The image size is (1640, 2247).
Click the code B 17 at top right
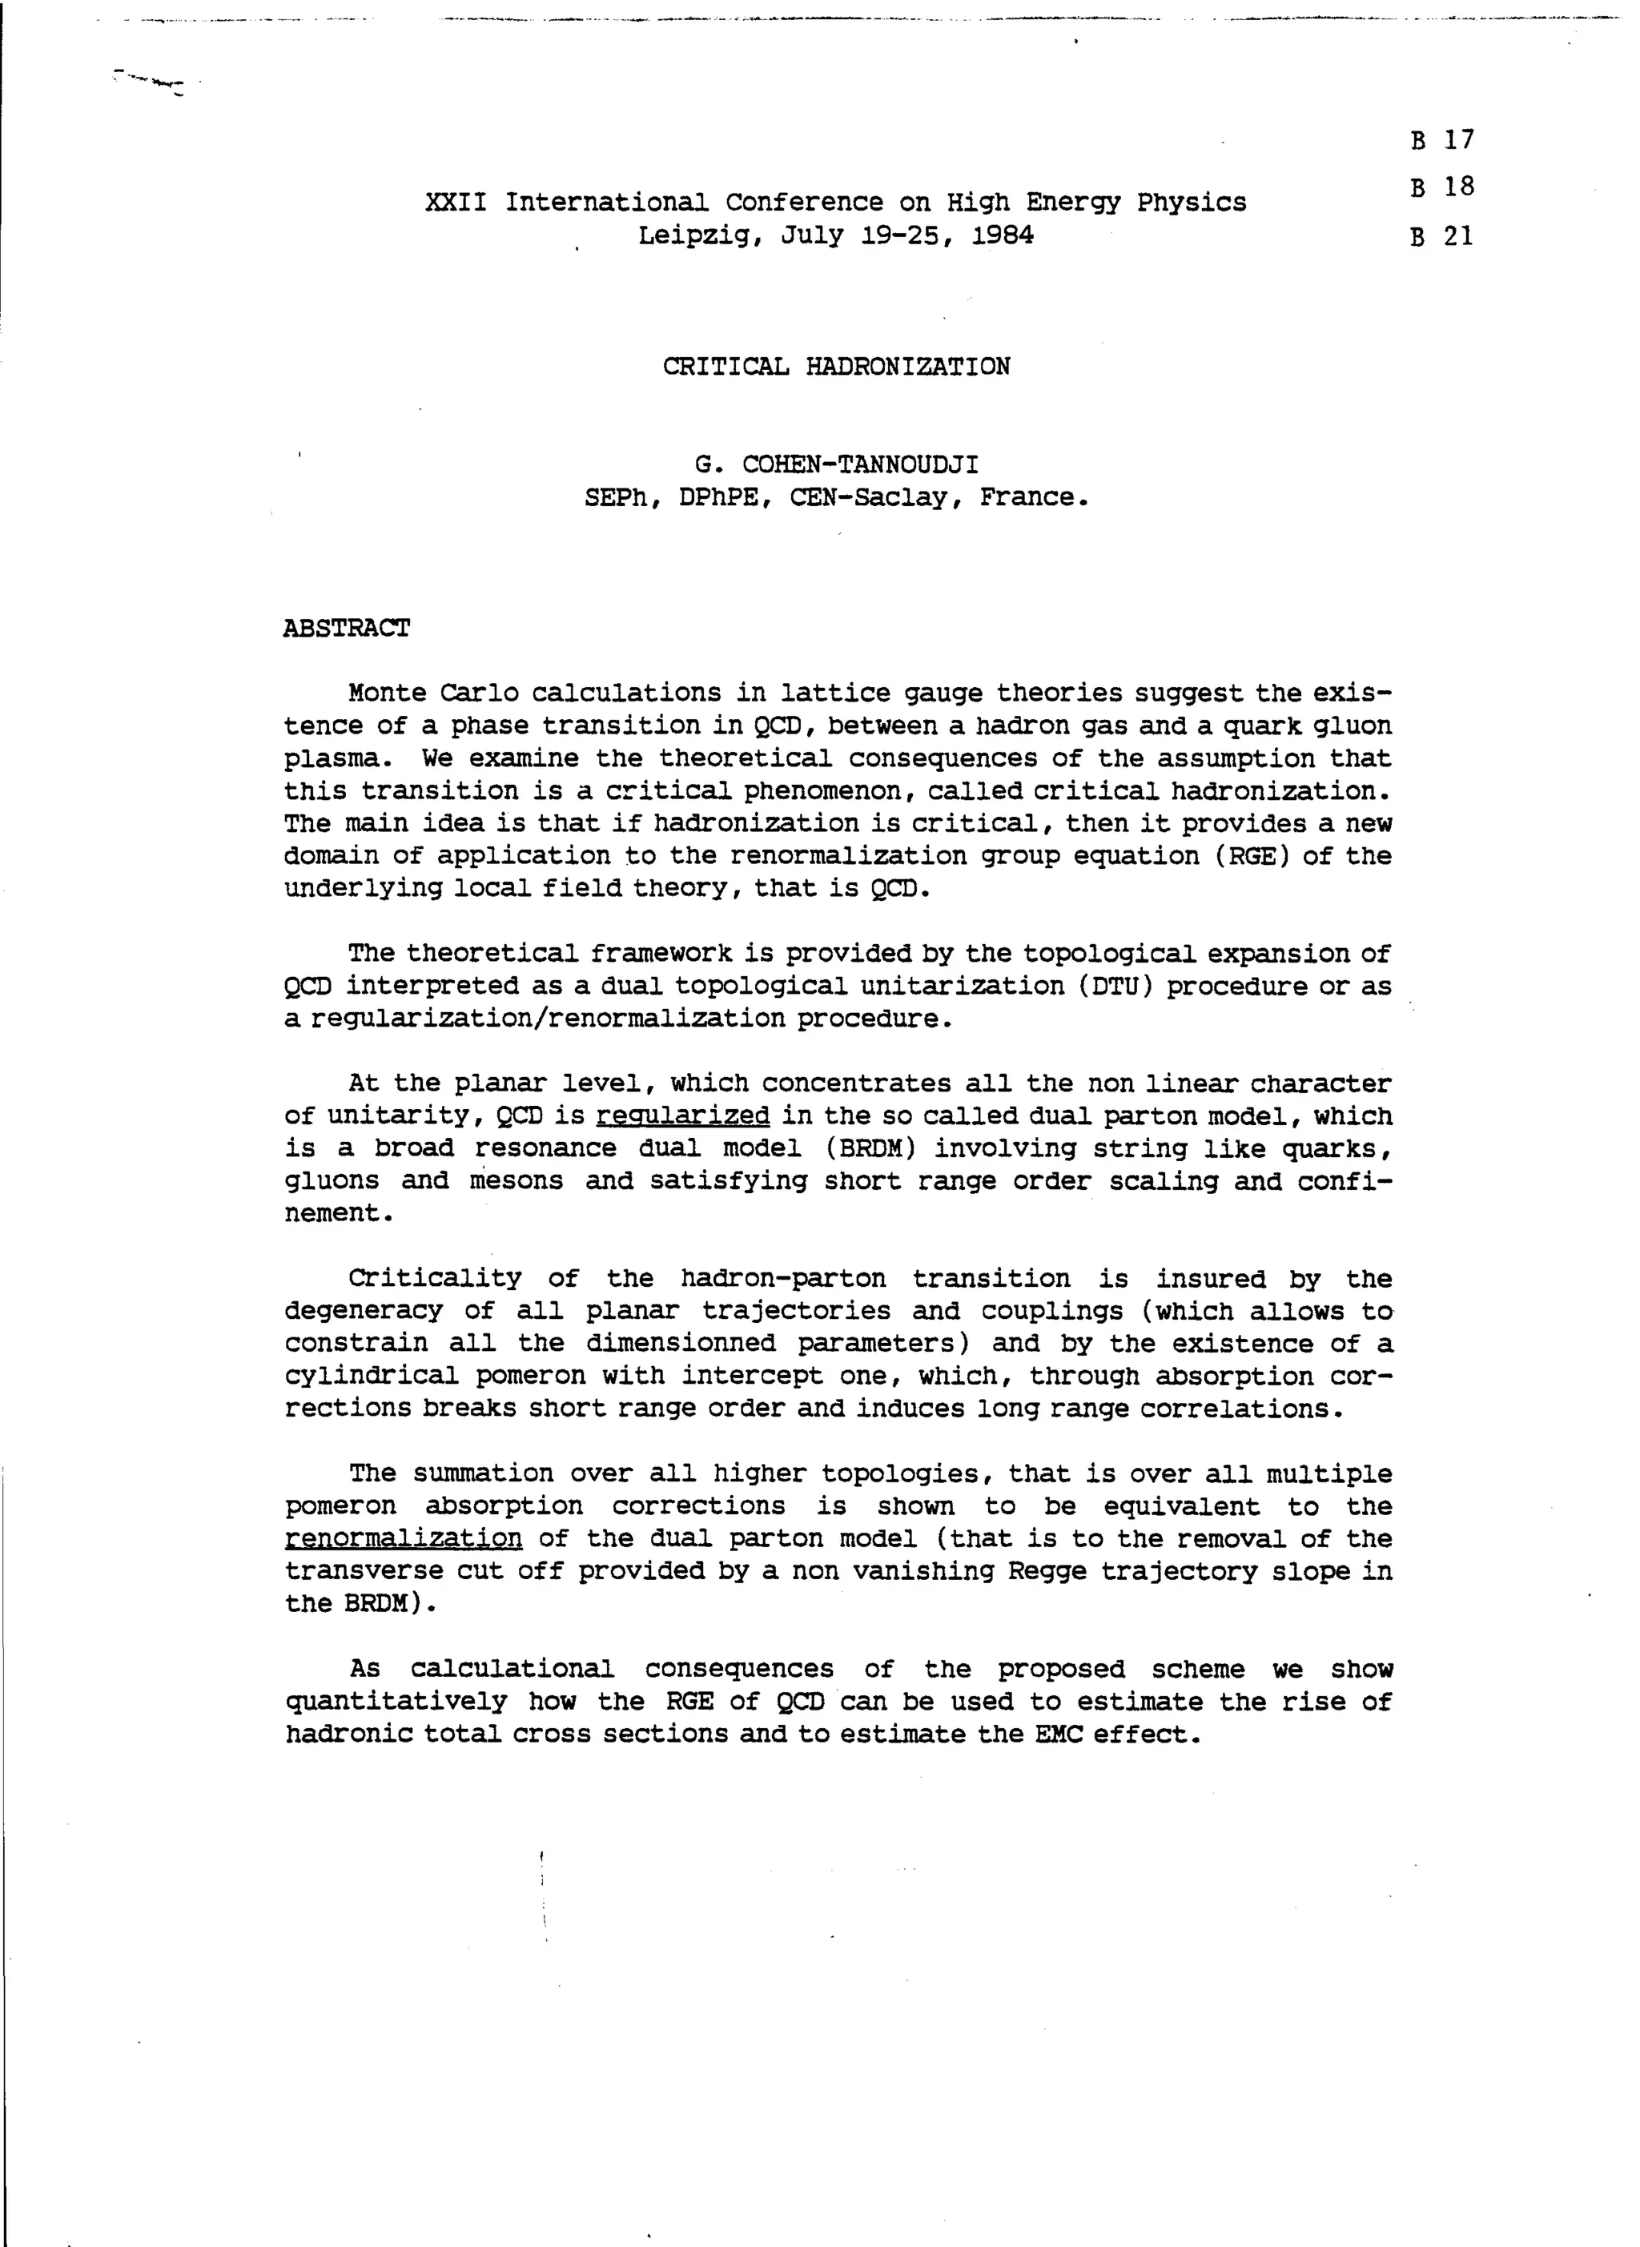pyautogui.click(x=1441, y=140)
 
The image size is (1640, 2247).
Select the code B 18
pyautogui.click(x=1441, y=187)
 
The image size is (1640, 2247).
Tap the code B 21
pyautogui.click(x=1441, y=236)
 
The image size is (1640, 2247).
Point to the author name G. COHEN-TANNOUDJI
pyautogui.click(x=836, y=464)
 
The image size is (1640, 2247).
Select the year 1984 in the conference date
pyautogui.click(x=1003, y=236)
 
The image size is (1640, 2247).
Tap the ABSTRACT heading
pyautogui.click(x=347, y=629)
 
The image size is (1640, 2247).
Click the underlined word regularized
pyautogui.click(x=682, y=1116)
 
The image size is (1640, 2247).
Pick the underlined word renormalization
pyautogui.click(x=403, y=1539)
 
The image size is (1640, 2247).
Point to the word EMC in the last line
pyautogui.click(x=1057, y=1734)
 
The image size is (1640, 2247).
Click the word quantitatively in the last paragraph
pyautogui.click(x=396, y=1702)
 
